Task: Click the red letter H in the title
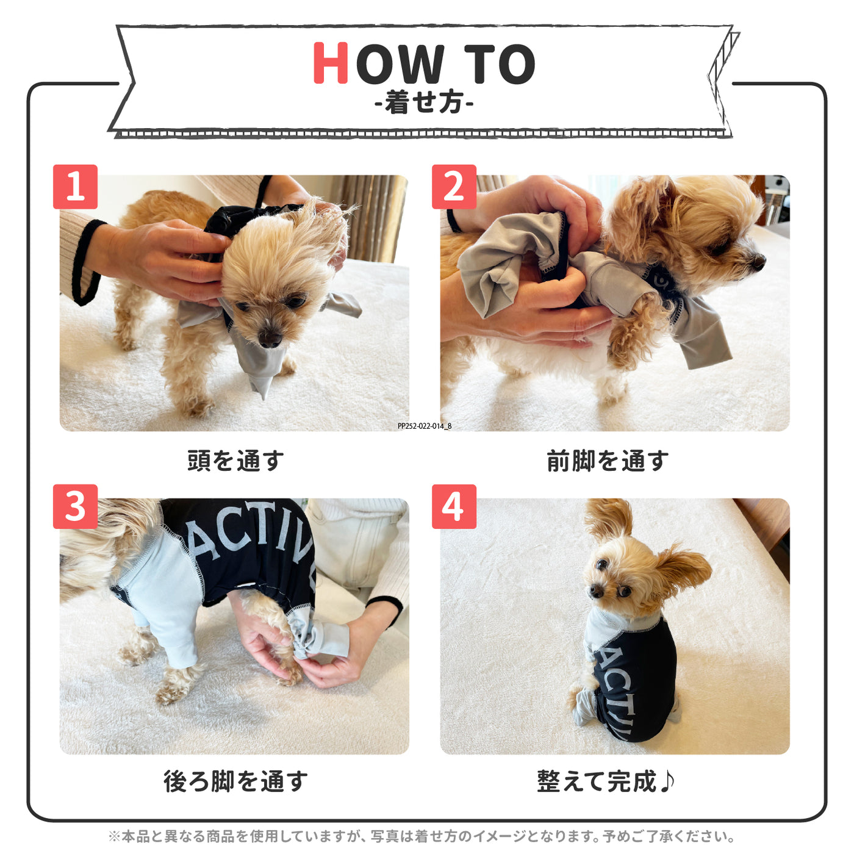(331, 63)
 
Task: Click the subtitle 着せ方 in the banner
(424, 102)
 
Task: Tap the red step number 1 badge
(75, 187)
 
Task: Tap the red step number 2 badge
(454, 187)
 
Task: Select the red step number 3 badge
(75, 506)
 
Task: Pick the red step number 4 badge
(454, 506)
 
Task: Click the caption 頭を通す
(235, 461)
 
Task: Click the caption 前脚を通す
(608, 461)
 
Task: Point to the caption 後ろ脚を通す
(235, 781)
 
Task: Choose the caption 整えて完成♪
(606, 781)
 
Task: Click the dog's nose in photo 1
(269, 337)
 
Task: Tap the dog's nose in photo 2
(758, 262)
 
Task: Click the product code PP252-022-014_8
(425, 426)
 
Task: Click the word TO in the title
(499, 64)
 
